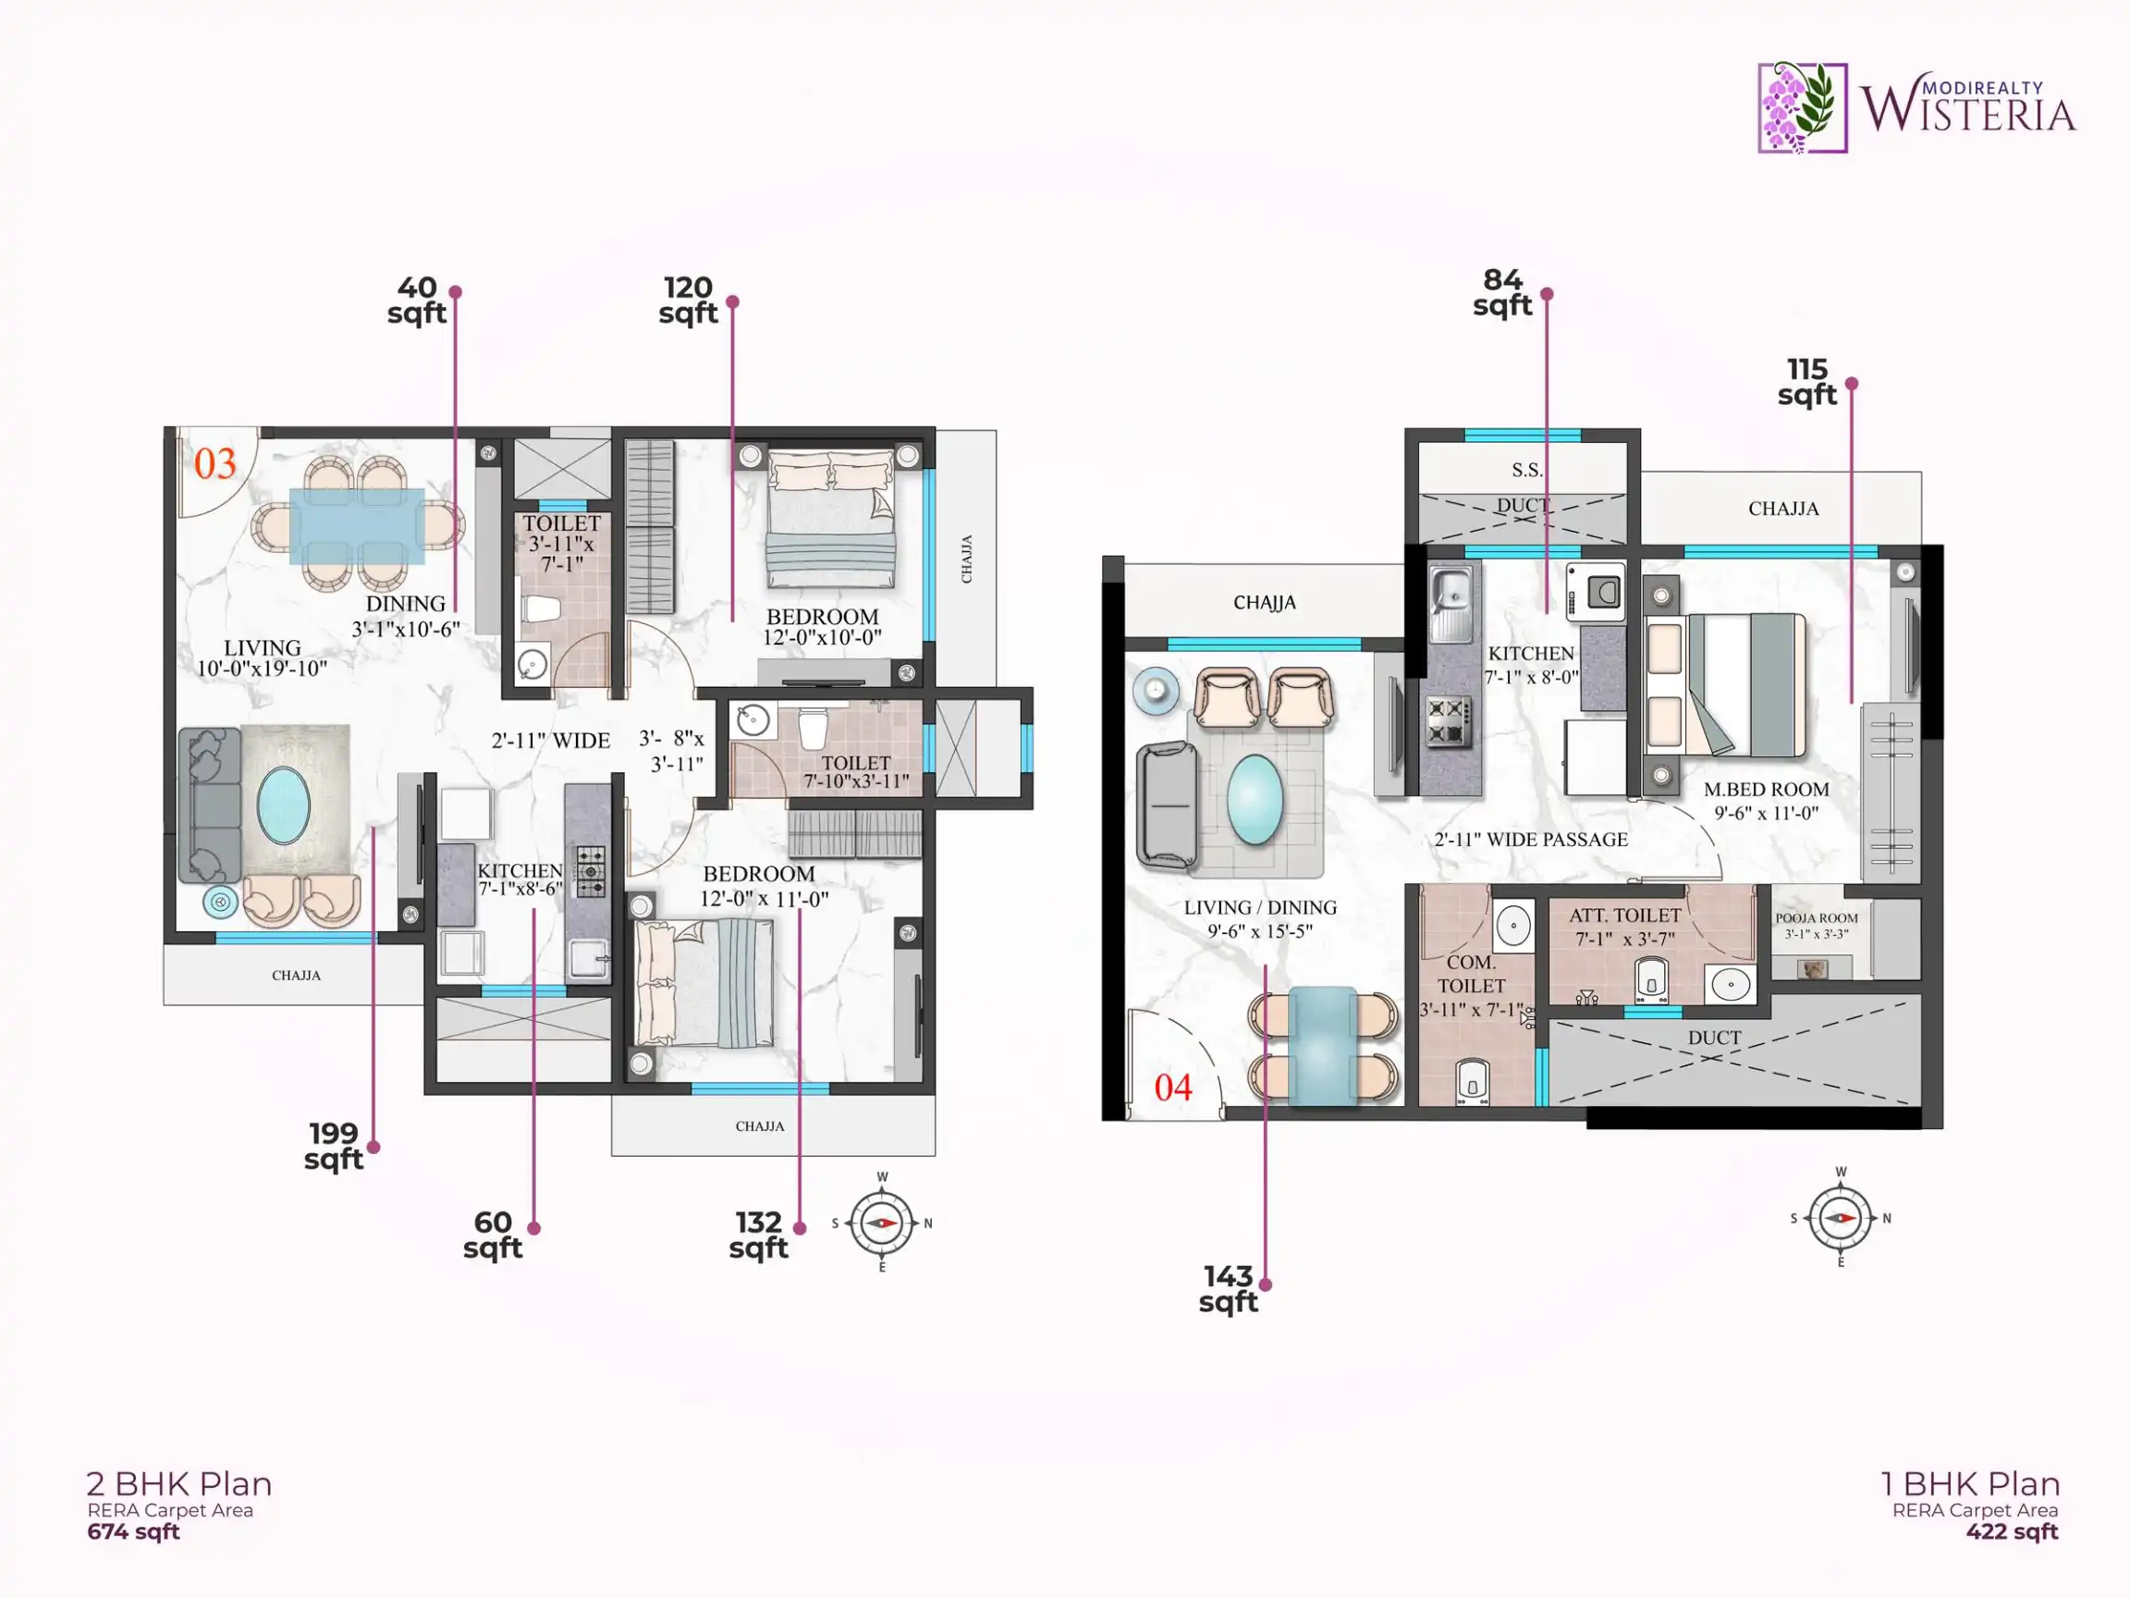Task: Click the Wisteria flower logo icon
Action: tap(1803, 108)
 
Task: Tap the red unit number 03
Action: tap(214, 464)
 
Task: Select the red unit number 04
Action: tap(1173, 1088)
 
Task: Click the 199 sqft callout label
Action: tap(333, 1146)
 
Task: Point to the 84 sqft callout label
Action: tap(1502, 293)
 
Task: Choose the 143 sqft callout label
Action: tap(1228, 1289)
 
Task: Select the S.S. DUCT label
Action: tap(1525, 487)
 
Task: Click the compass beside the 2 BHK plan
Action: tap(882, 1223)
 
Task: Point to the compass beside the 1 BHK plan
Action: tap(1840, 1218)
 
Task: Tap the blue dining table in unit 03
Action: tap(357, 526)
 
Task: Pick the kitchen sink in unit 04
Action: tap(1451, 604)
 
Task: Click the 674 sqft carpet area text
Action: tap(133, 1531)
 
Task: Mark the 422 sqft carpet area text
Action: tap(2012, 1531)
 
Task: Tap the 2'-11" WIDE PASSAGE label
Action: tap(1531, 839)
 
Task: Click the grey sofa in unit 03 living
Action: tap(209, 805)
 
